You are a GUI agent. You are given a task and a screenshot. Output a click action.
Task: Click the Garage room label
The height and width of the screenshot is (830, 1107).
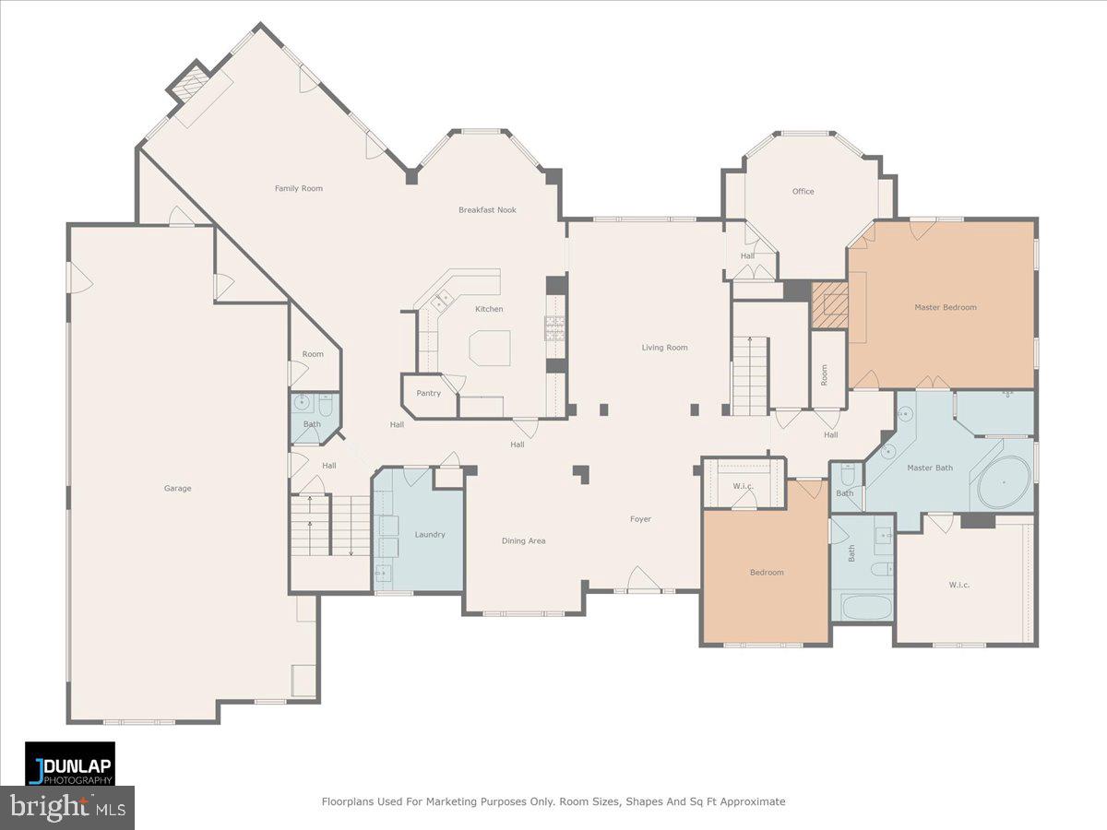pos(178,488)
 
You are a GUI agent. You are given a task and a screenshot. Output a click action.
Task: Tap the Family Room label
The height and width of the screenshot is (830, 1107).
pos(299,188)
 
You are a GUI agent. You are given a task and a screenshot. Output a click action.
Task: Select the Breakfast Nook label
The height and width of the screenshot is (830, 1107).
pos(487,210)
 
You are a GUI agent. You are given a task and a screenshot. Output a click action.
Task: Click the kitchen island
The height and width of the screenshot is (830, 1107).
pos(489,349)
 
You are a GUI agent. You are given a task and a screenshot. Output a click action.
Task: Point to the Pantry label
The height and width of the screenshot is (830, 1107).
pos(428,393)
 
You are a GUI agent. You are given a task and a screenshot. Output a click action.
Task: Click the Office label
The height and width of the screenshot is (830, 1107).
pos(803,192)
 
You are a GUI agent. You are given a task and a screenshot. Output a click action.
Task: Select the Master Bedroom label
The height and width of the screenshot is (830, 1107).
pos(945,307)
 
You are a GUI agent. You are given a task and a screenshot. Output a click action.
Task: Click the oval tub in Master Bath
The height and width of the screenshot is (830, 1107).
pos(1003,482)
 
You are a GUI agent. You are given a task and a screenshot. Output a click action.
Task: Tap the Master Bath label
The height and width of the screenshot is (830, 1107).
pos(930,468)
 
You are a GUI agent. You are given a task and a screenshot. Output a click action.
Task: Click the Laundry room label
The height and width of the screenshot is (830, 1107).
pos(430,535)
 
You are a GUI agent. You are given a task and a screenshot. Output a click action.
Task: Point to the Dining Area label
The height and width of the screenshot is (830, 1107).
pos(523,540)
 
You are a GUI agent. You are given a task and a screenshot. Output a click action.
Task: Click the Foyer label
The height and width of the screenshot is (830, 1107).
pos(640,519)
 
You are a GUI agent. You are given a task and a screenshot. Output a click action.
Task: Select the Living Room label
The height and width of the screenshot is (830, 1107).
pos(664,348)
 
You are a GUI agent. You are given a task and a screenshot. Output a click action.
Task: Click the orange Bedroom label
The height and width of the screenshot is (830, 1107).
pos(766,573)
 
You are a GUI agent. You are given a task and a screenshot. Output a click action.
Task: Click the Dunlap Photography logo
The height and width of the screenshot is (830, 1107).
pos(70,764)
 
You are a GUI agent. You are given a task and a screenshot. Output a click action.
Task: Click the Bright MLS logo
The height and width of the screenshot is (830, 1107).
pos(66,808)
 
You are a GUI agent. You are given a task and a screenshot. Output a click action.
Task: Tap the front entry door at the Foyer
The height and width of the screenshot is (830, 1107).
pos(643,583)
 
